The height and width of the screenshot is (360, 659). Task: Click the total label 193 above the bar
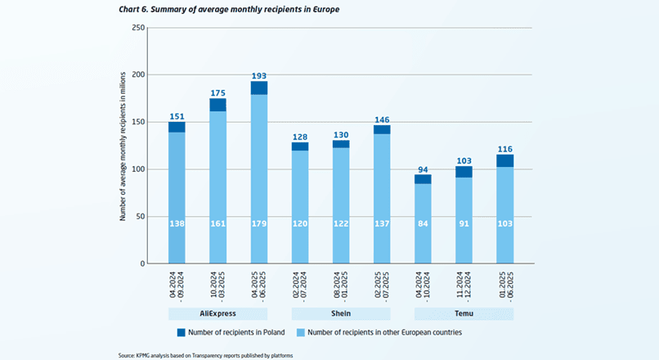(259, 74)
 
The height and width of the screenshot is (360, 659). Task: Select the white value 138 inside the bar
(177, 223)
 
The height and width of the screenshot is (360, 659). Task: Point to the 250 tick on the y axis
(139, 28)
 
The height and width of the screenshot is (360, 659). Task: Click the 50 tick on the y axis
(141, 217)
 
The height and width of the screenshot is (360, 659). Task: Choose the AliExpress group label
(217, 313)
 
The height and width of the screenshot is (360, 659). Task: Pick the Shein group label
(341, 313)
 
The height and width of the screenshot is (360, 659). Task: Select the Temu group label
(464, 313)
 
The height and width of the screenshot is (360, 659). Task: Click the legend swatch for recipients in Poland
(180, 332)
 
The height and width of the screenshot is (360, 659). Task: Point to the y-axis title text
(123, 146)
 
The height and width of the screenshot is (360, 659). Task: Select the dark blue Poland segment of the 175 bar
(217, 105)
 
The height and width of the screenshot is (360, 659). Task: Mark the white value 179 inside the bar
(259, 223)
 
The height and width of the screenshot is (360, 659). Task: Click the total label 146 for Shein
(382, 119)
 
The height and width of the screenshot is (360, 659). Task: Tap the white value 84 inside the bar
(423, 223)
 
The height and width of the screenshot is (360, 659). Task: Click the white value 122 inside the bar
(341, 223)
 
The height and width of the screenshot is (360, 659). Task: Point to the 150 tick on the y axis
(139, 122)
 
